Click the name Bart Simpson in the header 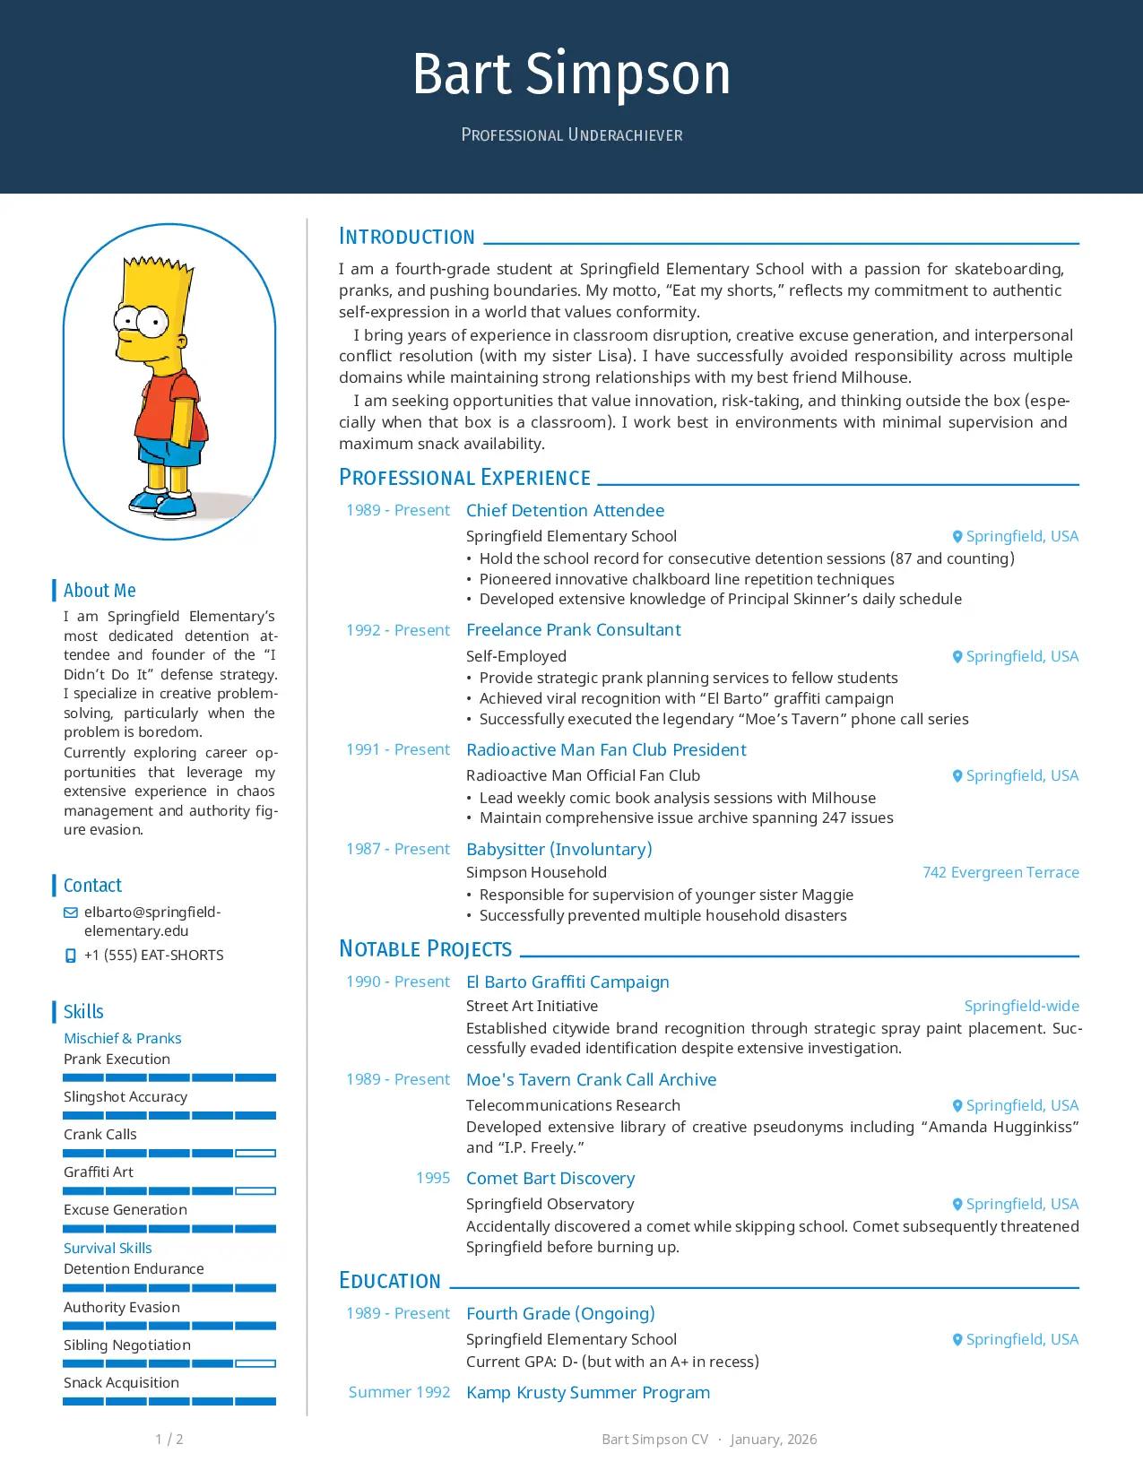click(x=571, y=74)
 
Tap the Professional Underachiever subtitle click(x=571, y=135)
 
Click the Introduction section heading click(x=406, y=237)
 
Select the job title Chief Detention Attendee click(x=565, y=510)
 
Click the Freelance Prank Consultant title click(x=573, y=629)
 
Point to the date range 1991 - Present click(x=398, y=749)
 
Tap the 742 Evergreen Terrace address click(x=1000, y=872)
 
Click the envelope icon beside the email click(x=71, y=912)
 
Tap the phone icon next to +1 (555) click(x=71, y=956)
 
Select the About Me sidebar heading click(x=100, y=591)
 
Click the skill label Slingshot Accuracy click(x=126, y=1096)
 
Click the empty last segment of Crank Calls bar click(x=255, y=1154)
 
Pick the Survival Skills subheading click(x=108, y=1248)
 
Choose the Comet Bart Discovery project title click(x=550, y=1178)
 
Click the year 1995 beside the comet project click(x=433, y=1178)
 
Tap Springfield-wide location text click(x=1021, y=1006)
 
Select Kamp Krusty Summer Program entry click(x=587, y=1392)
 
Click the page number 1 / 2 click(x=169, y=1439)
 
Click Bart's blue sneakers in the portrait click(x=165, y=503)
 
